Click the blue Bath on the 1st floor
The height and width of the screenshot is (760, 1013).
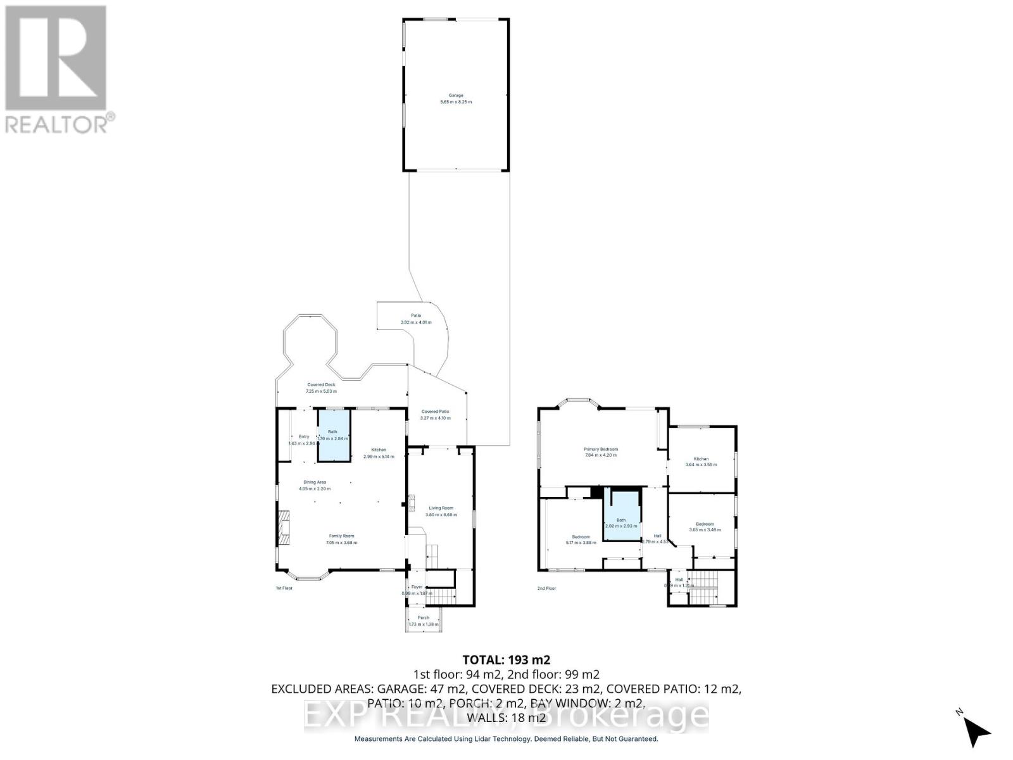point(333,435)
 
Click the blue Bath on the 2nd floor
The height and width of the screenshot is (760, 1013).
point(621,514)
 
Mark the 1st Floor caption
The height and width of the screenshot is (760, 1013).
point(284,588)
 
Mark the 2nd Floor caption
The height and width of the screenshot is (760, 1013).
point(546,588)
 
